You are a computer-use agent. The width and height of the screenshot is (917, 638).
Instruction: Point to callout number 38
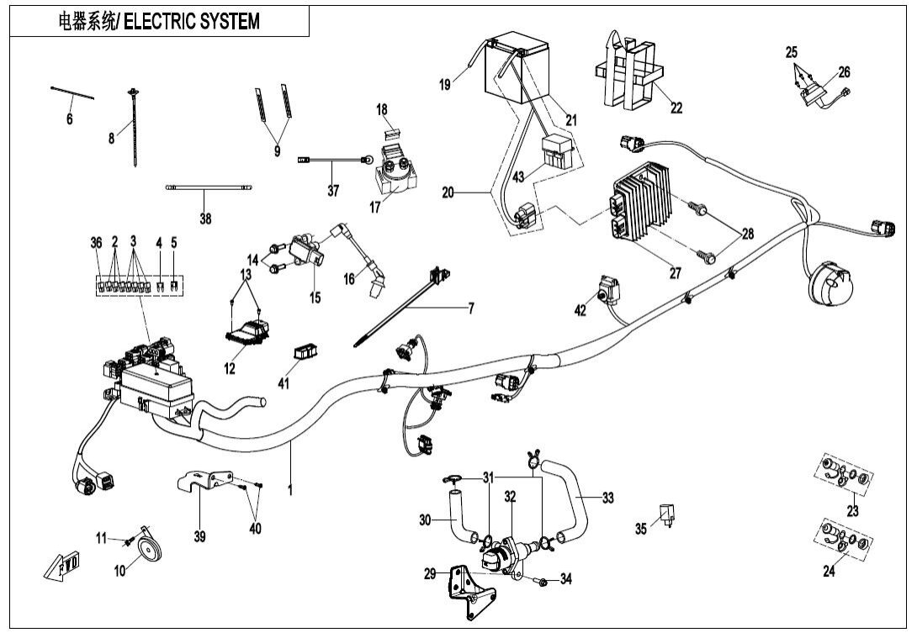pos(205,219)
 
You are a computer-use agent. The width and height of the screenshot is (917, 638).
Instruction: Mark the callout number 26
pos(844,71)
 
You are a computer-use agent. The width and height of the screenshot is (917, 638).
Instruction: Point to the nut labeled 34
pos(542,581)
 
